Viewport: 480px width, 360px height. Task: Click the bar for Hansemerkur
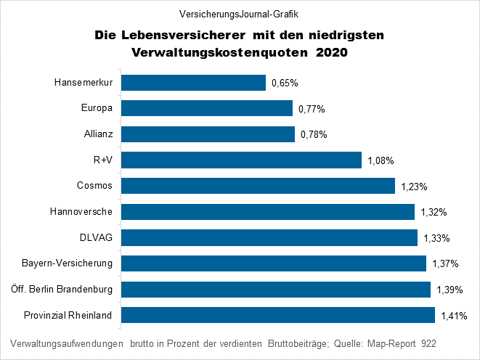[x=193, y=83]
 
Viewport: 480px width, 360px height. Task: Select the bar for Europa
[x=206, y=109]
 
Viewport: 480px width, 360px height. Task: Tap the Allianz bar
[x=208, y=134]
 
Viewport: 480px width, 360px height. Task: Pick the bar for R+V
[x=241, y=160]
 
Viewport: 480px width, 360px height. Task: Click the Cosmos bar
[x=258, y=186]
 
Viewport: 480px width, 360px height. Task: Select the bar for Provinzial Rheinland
[x=277, y=315]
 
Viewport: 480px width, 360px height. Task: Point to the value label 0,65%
[x=285, y=83]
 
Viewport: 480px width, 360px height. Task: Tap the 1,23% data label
[x=414, y=187]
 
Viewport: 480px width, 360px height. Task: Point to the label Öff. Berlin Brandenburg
[x=62, y=290]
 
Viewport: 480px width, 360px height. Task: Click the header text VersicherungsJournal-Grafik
[x=239, y=14]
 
